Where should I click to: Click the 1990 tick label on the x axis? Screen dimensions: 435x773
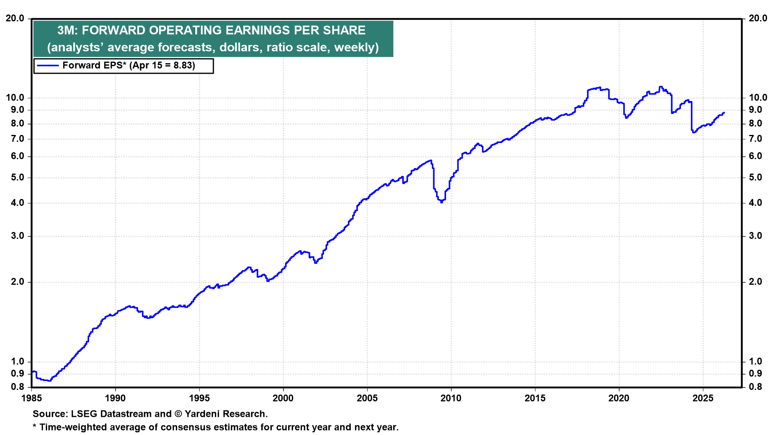pyautogui.click(x=115, y=398)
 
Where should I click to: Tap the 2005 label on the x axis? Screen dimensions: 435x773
pyautogui.click(x=367, y=398)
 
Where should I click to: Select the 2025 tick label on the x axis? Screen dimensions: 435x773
pyautogui.click(x=703, y=398)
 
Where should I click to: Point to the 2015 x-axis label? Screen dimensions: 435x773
pyautogui.click(x=535, y=398)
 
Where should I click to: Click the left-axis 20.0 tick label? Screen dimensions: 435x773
pyautogui.click(x=14, y=19)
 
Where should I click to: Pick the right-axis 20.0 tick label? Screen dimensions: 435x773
pyautogui.click(x=758, y=19)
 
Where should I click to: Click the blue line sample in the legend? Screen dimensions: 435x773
pyautogui.click(x=48, y=66)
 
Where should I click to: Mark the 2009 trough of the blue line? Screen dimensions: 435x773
pyautogui.click(x=442, y=202)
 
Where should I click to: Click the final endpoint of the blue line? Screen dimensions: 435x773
pyautogui.click(x=724, y=113)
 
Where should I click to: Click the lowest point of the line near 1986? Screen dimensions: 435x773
pyautogui.click(x=50, y=381)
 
